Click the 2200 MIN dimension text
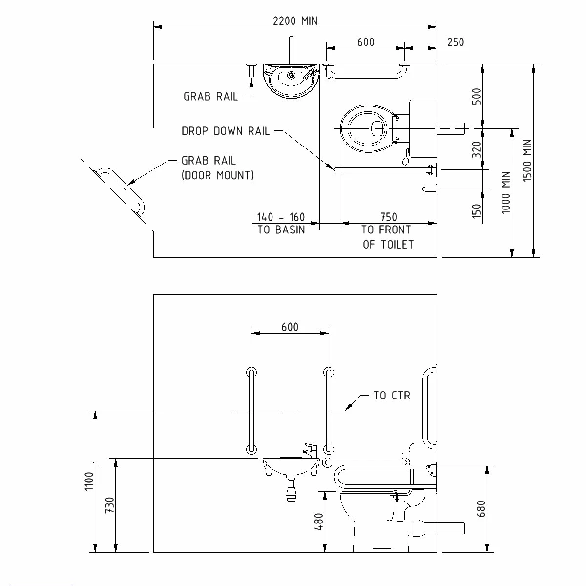pyautogui.click(x=295, y=21)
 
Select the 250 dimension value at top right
pyautogui.click(x=455, y=42)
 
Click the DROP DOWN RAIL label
pyautogui.click(x=225, y=131)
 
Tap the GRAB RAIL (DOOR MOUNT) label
pyautogui.click(x=217, y=168)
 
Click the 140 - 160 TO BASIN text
pyautogui.click(x=281, y=223)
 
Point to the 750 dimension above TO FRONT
pyautogui.click(x=388, y=217)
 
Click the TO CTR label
pyautogui.click(x=392, y=396)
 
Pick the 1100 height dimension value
pyautogui.click(x=89, y=481)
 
